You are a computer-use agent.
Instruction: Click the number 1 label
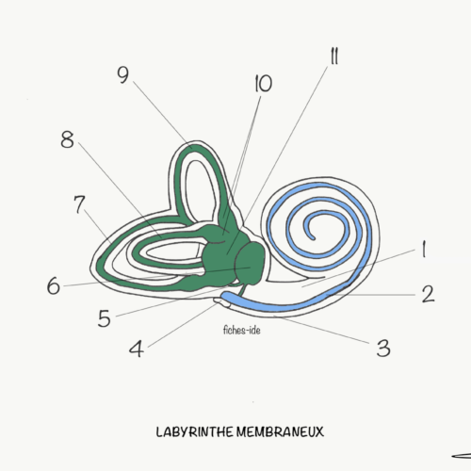[424, 249]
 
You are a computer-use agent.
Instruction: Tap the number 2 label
[428, 294]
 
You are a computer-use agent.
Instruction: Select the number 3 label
[383, 349]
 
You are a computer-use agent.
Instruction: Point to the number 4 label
[137, 349]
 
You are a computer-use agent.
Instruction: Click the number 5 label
[105, 318]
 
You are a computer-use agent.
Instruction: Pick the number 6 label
[54, 285]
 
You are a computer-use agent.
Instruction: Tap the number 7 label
[79, 204]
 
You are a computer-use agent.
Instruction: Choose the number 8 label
[67, 139]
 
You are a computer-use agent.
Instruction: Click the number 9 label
[122, 75]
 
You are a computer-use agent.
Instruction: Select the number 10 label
[263, 84]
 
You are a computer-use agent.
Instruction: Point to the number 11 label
[334, 57]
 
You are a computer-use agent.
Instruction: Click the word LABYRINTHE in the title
[195, 432]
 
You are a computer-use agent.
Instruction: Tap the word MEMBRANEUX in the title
[280, 432]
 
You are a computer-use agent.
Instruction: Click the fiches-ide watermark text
[242, 331]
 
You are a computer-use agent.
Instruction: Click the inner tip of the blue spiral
[312, 238]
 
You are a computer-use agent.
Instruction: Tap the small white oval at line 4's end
[222, 302]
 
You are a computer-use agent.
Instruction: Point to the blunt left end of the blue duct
[223, 296]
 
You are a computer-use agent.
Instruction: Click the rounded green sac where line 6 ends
[250, 263]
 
